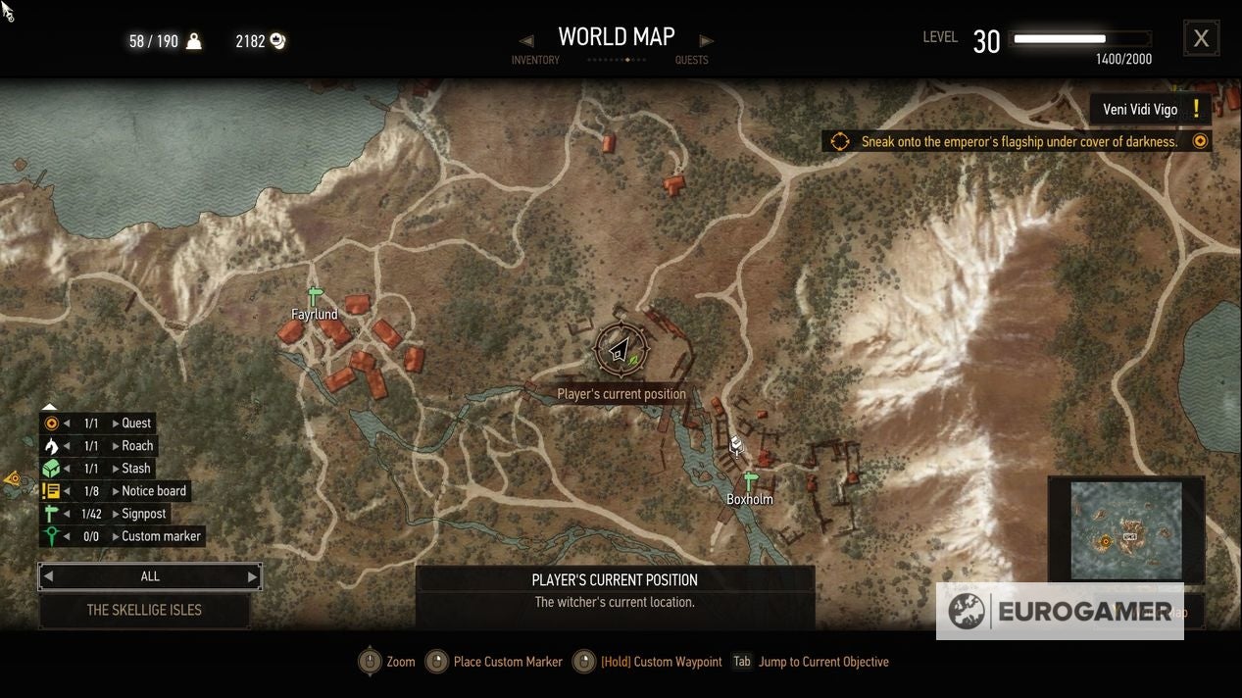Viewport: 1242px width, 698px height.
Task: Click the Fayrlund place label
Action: coord(314,315)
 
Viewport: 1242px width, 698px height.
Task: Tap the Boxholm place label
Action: coord(749,500)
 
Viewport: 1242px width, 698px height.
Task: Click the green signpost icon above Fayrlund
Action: coord(315,295)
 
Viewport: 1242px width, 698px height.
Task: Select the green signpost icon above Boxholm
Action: coord(750,481)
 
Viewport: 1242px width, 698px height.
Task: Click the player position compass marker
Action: coord(621,349)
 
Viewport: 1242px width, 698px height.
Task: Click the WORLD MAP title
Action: coord(616,37)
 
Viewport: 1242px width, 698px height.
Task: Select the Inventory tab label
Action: coord(535,61)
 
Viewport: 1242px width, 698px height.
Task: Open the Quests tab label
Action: coord(691,61)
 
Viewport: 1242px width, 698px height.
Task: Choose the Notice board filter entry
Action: coord(153,491)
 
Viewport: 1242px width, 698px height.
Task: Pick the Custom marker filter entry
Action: coord(161,536)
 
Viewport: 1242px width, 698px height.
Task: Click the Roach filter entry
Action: coord(137,446)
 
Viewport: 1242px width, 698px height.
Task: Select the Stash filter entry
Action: coord(136,469)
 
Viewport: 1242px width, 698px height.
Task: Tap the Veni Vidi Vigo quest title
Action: coord(1140,110)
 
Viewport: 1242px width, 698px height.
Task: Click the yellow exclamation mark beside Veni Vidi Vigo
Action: coord(1196,109)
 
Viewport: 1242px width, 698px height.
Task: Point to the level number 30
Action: coord(986,41)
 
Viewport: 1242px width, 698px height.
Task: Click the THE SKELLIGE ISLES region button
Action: coord(144,610)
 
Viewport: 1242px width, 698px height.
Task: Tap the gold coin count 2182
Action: coord(250,41)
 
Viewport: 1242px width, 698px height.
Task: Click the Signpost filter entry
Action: coord(143,514)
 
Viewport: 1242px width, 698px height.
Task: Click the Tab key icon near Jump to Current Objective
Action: coord(742,662)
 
